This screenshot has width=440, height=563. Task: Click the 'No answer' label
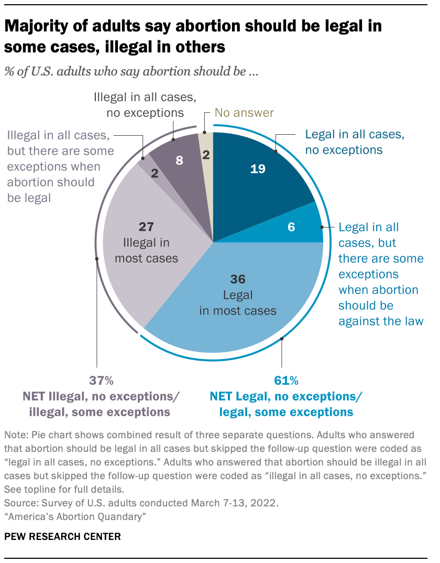[x=245, y=113]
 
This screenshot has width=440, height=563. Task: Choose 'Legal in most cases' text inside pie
[x=237, y=302]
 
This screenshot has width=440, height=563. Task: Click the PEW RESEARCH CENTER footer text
[x=62, y=536]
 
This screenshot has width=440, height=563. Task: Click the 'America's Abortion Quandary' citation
[x=74, y=517]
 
